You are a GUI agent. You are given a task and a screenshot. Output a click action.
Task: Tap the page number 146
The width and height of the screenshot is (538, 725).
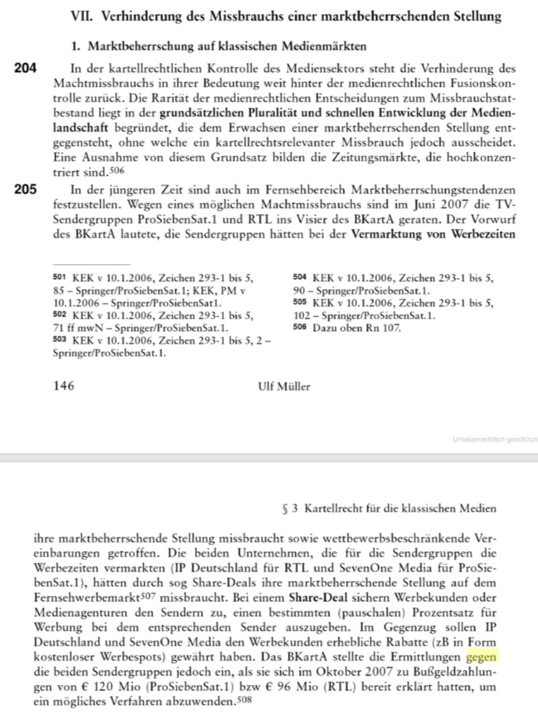[63, 387]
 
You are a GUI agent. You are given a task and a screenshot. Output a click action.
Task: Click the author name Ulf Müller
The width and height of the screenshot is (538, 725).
[284, 387]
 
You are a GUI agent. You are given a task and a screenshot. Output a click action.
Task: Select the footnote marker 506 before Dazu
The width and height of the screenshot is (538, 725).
[299, 328]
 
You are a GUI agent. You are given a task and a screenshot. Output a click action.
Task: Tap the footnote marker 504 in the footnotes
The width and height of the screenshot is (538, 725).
[299, 278]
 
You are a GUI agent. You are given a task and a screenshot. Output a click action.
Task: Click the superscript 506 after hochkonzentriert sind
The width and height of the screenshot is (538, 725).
[115, 169]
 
